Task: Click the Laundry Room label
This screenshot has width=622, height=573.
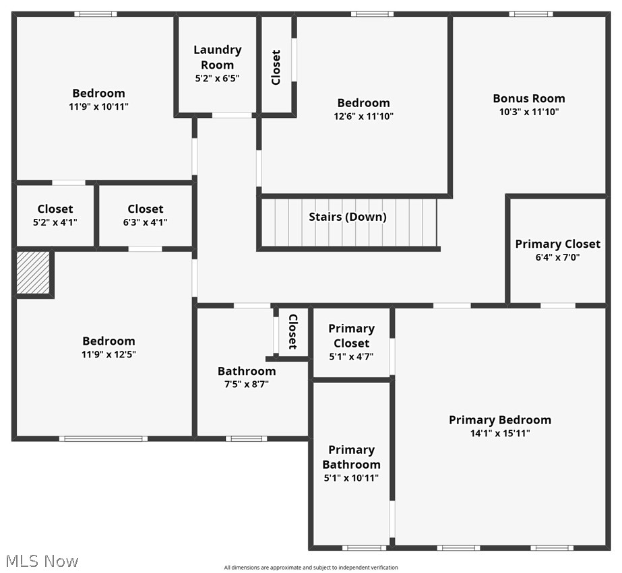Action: pos(217,57)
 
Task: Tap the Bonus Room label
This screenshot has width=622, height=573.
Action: pos(529,98)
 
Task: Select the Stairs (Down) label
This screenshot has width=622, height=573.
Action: pos(348,217)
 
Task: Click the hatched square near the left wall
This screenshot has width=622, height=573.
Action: pos(33,272)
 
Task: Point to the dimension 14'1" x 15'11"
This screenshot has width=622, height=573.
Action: pos(500,434)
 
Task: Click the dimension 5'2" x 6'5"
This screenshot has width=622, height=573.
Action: pos(217,78)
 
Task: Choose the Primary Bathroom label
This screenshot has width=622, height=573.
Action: pos(351,457)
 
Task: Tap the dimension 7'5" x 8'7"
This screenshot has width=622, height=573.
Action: pos(247,384)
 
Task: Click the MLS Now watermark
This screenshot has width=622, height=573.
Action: pos(42,561)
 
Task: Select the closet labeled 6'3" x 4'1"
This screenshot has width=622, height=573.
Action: pos(146,215)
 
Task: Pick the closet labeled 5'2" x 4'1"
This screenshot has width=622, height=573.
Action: pos(55,215)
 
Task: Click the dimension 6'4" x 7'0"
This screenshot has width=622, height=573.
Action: pos(557,257)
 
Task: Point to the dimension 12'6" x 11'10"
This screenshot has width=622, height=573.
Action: pos(364,116)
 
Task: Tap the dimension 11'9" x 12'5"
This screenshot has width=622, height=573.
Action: pos(108,354)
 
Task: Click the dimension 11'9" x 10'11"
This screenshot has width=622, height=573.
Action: pos(99,106)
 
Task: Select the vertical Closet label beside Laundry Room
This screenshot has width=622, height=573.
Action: pos(276,67)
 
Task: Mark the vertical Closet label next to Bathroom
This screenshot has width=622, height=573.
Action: pos(292,331)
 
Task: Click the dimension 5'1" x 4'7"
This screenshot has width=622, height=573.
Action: pos(351,357)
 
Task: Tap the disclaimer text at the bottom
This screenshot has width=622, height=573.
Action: pos(311,568)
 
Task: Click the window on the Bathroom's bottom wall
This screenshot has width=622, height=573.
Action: pos(246,439)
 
